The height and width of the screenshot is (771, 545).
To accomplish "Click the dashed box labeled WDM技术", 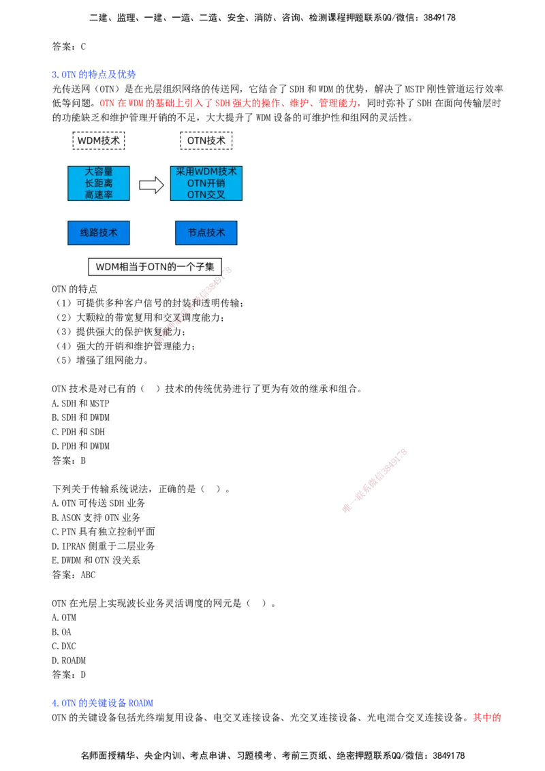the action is point(99,140).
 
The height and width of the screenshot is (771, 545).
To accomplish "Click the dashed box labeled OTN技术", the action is point(206,140).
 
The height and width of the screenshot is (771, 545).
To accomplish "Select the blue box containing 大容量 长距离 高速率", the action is point(99,183).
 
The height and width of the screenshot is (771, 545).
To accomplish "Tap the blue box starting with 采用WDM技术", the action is point(206,183).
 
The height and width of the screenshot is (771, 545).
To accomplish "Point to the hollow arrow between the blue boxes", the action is point(151,185).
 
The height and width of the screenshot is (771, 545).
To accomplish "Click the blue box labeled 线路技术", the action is point(99,232).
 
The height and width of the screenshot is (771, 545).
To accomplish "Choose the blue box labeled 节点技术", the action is point(206,232).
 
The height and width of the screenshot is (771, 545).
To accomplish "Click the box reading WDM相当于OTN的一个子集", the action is point(155,267).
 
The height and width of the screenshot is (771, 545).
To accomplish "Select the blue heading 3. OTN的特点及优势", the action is point(94,75).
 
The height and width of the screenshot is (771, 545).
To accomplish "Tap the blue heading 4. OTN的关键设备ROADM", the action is point(102,703).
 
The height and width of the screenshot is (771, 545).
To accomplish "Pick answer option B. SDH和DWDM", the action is point(80,418).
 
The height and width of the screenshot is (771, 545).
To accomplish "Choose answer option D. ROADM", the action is point(69,661).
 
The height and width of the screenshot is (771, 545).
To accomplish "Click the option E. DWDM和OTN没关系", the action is point(96,560).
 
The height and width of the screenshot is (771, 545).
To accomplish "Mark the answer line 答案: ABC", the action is point(74,575).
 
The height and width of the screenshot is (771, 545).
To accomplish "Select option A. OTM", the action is point(64,618).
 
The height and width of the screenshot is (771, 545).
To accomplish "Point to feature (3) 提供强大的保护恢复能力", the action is point(121,332).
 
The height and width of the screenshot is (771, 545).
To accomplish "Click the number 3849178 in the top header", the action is point(439,18).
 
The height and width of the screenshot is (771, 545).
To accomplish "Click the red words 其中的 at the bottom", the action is point(487,717).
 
